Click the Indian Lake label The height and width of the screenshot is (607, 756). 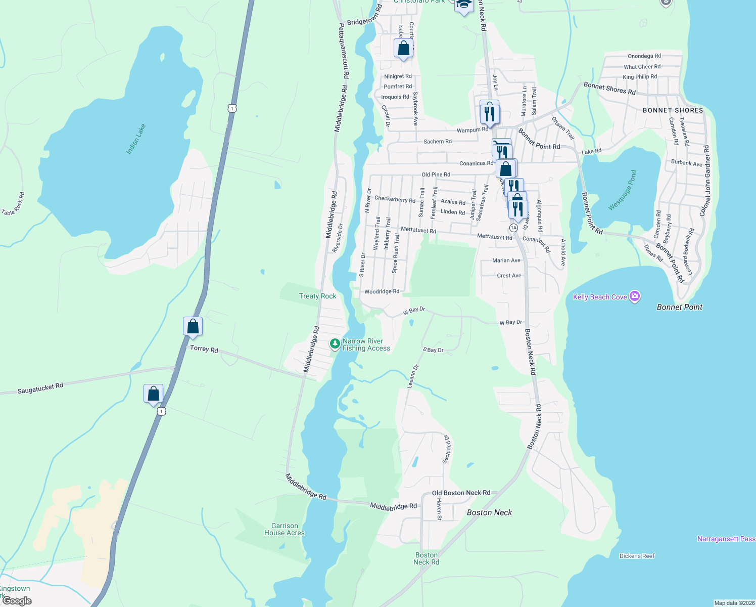point(136,139)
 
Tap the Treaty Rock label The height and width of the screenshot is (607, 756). point(317,296)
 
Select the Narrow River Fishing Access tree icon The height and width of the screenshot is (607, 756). point(335,344)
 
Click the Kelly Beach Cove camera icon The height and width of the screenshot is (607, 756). point(635,297)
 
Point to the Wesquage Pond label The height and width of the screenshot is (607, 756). point(623,190)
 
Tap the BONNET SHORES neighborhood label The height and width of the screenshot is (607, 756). point(673,110)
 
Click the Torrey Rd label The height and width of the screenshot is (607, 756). point(204,349)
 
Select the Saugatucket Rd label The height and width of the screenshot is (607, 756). point(40,388)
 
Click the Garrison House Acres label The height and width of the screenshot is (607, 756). point(285,529)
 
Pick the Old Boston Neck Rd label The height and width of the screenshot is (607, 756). point(461,493)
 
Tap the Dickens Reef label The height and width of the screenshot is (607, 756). point(637,556)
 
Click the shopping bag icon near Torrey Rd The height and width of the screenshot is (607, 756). point(193,326)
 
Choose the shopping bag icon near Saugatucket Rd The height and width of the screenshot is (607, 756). point(153,393)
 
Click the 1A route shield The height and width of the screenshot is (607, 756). point(513,228)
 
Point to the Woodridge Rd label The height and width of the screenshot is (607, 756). point(382,291)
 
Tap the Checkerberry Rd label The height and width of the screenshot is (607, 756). point(395,199)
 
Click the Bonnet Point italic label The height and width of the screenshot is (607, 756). point(679,307)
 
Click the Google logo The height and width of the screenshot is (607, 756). point(17,601)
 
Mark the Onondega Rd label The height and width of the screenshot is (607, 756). point(644,56)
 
